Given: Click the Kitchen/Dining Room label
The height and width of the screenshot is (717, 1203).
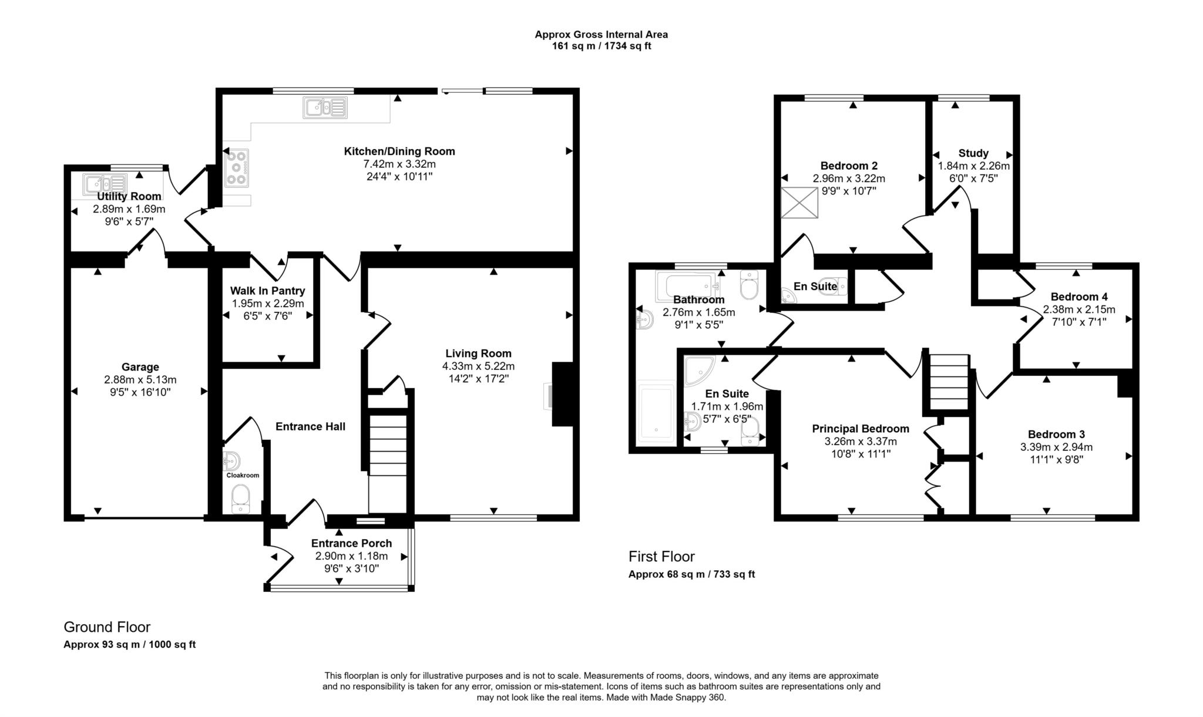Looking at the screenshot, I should coord(399,152).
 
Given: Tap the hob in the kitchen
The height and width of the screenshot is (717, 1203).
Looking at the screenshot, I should coord(236,168).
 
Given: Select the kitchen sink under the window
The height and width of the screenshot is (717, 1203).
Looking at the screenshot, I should coord(325,107).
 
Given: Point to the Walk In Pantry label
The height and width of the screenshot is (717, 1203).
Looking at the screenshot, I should coord(267,291).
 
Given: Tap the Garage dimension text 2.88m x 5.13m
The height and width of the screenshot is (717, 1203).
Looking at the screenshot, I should coord(140,380).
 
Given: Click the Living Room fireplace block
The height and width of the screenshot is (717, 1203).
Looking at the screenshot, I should coord(562,394).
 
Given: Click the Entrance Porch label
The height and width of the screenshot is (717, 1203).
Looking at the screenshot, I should coord(351,543).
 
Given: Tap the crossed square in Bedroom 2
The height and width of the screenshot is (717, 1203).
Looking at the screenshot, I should coord(799,203).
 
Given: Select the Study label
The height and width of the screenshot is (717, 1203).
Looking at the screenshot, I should coord(973,153).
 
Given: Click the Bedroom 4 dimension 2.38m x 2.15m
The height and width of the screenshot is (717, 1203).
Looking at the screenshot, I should coord(1078,309).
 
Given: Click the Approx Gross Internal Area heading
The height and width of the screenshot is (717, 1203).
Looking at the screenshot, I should coord(601,35).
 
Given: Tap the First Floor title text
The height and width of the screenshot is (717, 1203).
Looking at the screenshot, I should coord(661,556).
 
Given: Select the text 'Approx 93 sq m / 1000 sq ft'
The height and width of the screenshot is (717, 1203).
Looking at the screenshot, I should coord(129,644).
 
